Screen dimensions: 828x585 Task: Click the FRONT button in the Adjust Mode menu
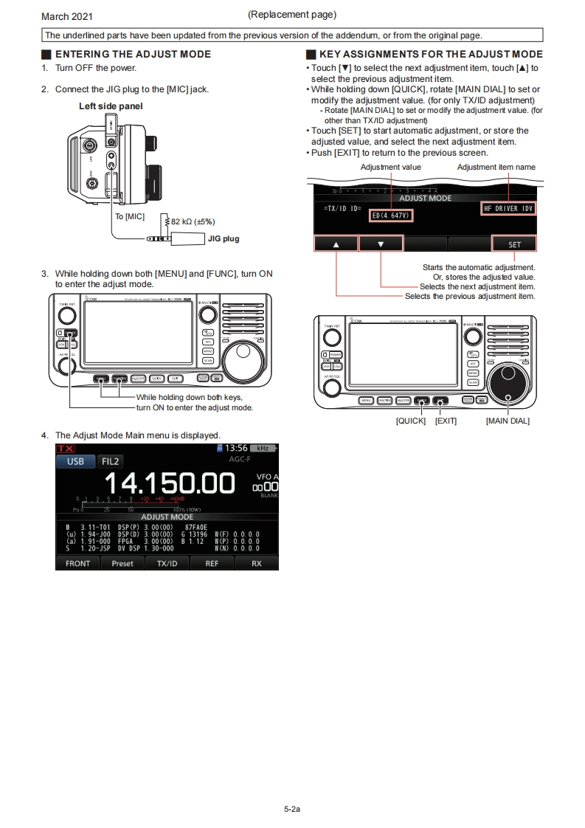(77, 563)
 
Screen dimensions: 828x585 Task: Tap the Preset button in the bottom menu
(122, 563)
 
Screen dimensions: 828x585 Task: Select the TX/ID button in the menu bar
(167, 563)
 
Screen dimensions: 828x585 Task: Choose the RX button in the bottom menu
(256, 563)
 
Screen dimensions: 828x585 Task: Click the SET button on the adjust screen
(514, 244)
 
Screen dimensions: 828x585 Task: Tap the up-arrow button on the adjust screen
(336, 244)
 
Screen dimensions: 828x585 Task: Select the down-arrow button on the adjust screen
(381, 244)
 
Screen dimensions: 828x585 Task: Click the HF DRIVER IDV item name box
(508, 209)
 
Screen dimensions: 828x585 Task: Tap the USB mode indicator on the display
(75, 462)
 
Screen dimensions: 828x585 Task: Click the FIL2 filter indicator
(111, 462)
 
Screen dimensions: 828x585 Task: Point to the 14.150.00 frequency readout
(170, 483)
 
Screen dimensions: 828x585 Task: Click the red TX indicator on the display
(65, 449)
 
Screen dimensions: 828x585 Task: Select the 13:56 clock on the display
(235, 449)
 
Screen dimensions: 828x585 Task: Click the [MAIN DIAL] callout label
(508, 421)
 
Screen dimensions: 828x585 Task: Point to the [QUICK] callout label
(410, 421)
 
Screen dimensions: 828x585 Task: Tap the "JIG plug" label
(224, 238)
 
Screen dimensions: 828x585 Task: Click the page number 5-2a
(292, 810)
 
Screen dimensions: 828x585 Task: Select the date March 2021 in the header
(67, 16)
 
